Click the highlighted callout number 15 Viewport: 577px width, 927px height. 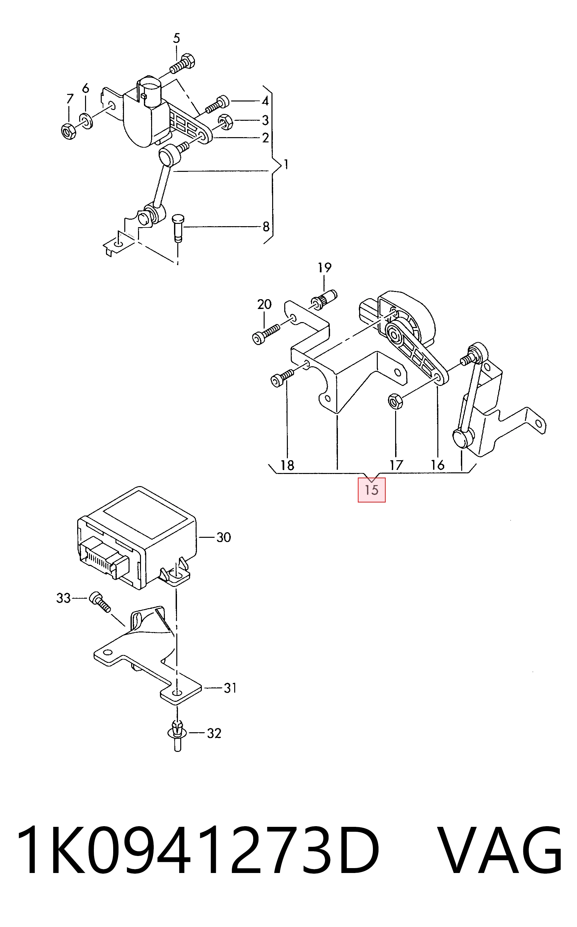(x=371, y=490)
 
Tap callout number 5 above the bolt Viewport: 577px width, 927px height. (x=176, y=38)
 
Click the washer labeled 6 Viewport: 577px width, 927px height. (x=86, y=121)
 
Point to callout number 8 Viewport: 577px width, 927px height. (x=266, y=227)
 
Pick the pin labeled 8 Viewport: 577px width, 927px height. (x=178, y=228)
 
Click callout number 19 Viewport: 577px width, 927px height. (x=324, y=268)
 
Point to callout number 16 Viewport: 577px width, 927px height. (x=438, y=465)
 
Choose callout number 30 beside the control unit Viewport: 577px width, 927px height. (x=224, y=537)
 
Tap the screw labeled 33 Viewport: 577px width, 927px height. (x=99, y=603)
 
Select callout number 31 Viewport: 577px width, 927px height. (x=230, y=688)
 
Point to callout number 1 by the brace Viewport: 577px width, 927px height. (x=286, y=165)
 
